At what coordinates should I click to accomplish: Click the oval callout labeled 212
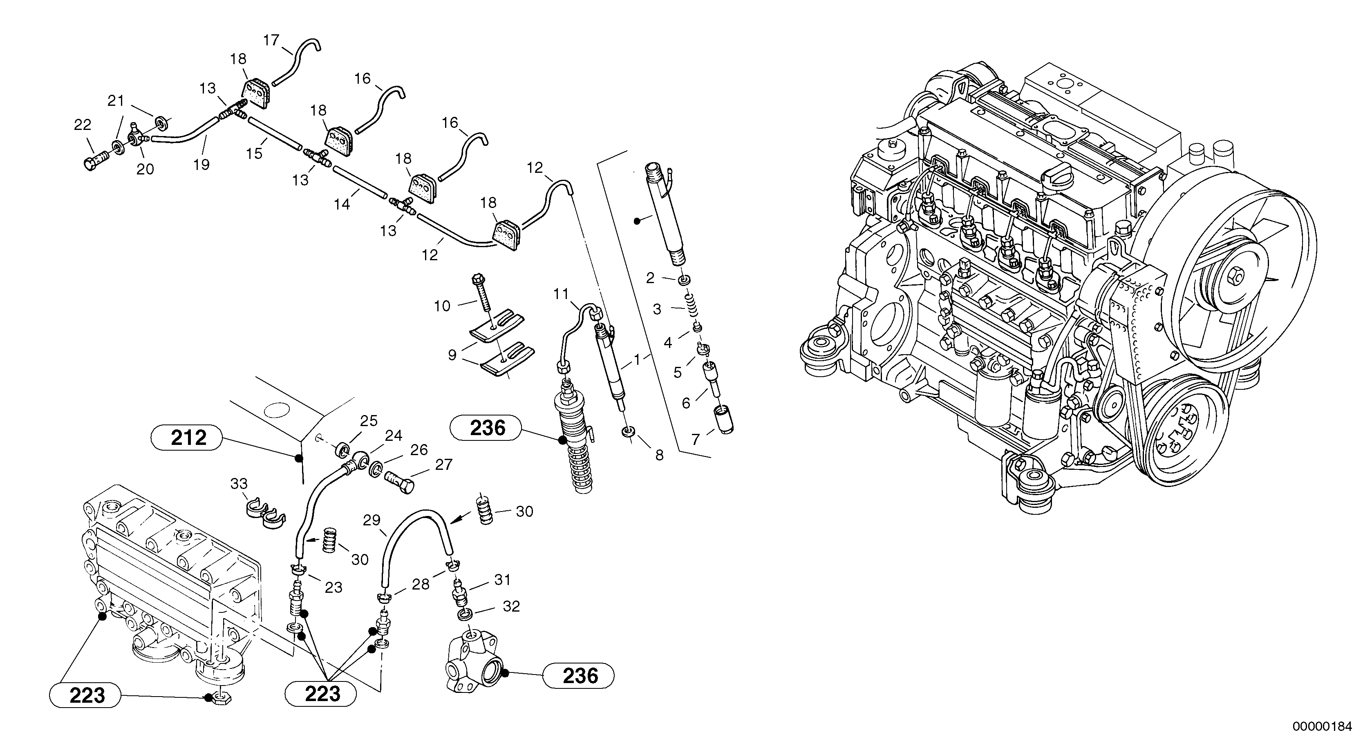point(189,438)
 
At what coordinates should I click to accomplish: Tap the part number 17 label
point(271,40)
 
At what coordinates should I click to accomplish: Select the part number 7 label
point(696,439)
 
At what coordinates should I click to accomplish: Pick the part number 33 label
point(239,484)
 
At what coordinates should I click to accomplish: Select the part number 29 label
point(372,520)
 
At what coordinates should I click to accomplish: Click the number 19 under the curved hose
point(201,165)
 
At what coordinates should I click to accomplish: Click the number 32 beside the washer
point(511,606)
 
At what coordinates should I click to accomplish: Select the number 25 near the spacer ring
point(369,421)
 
